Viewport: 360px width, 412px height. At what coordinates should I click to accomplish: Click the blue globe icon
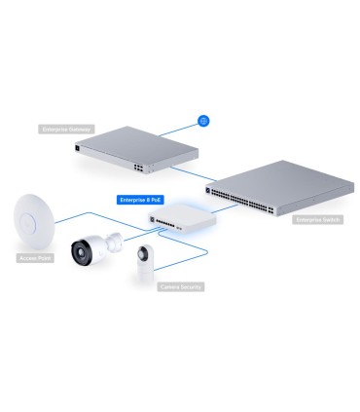point(203,120)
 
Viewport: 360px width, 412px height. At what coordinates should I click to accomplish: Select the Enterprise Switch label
point(318,221)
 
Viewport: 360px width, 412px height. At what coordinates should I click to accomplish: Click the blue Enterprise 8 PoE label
point(139,200)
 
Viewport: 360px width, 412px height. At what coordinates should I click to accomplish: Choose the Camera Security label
point(181,287)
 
